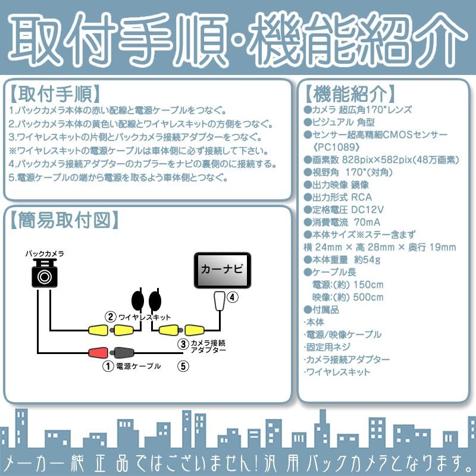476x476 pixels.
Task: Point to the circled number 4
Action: click(x=233, y=296)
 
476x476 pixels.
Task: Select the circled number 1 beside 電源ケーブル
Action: click(x=108, y=367)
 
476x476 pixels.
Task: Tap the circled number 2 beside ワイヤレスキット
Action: click(x=110, y=317)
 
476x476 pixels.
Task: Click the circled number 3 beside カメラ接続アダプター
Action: click(x=183, y=344)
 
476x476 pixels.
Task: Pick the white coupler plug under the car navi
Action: click(x=219, y=301)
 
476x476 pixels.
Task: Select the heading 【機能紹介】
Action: click(x=349, y=94)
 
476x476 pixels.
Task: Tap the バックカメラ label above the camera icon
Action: click(x=44, y=253)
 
